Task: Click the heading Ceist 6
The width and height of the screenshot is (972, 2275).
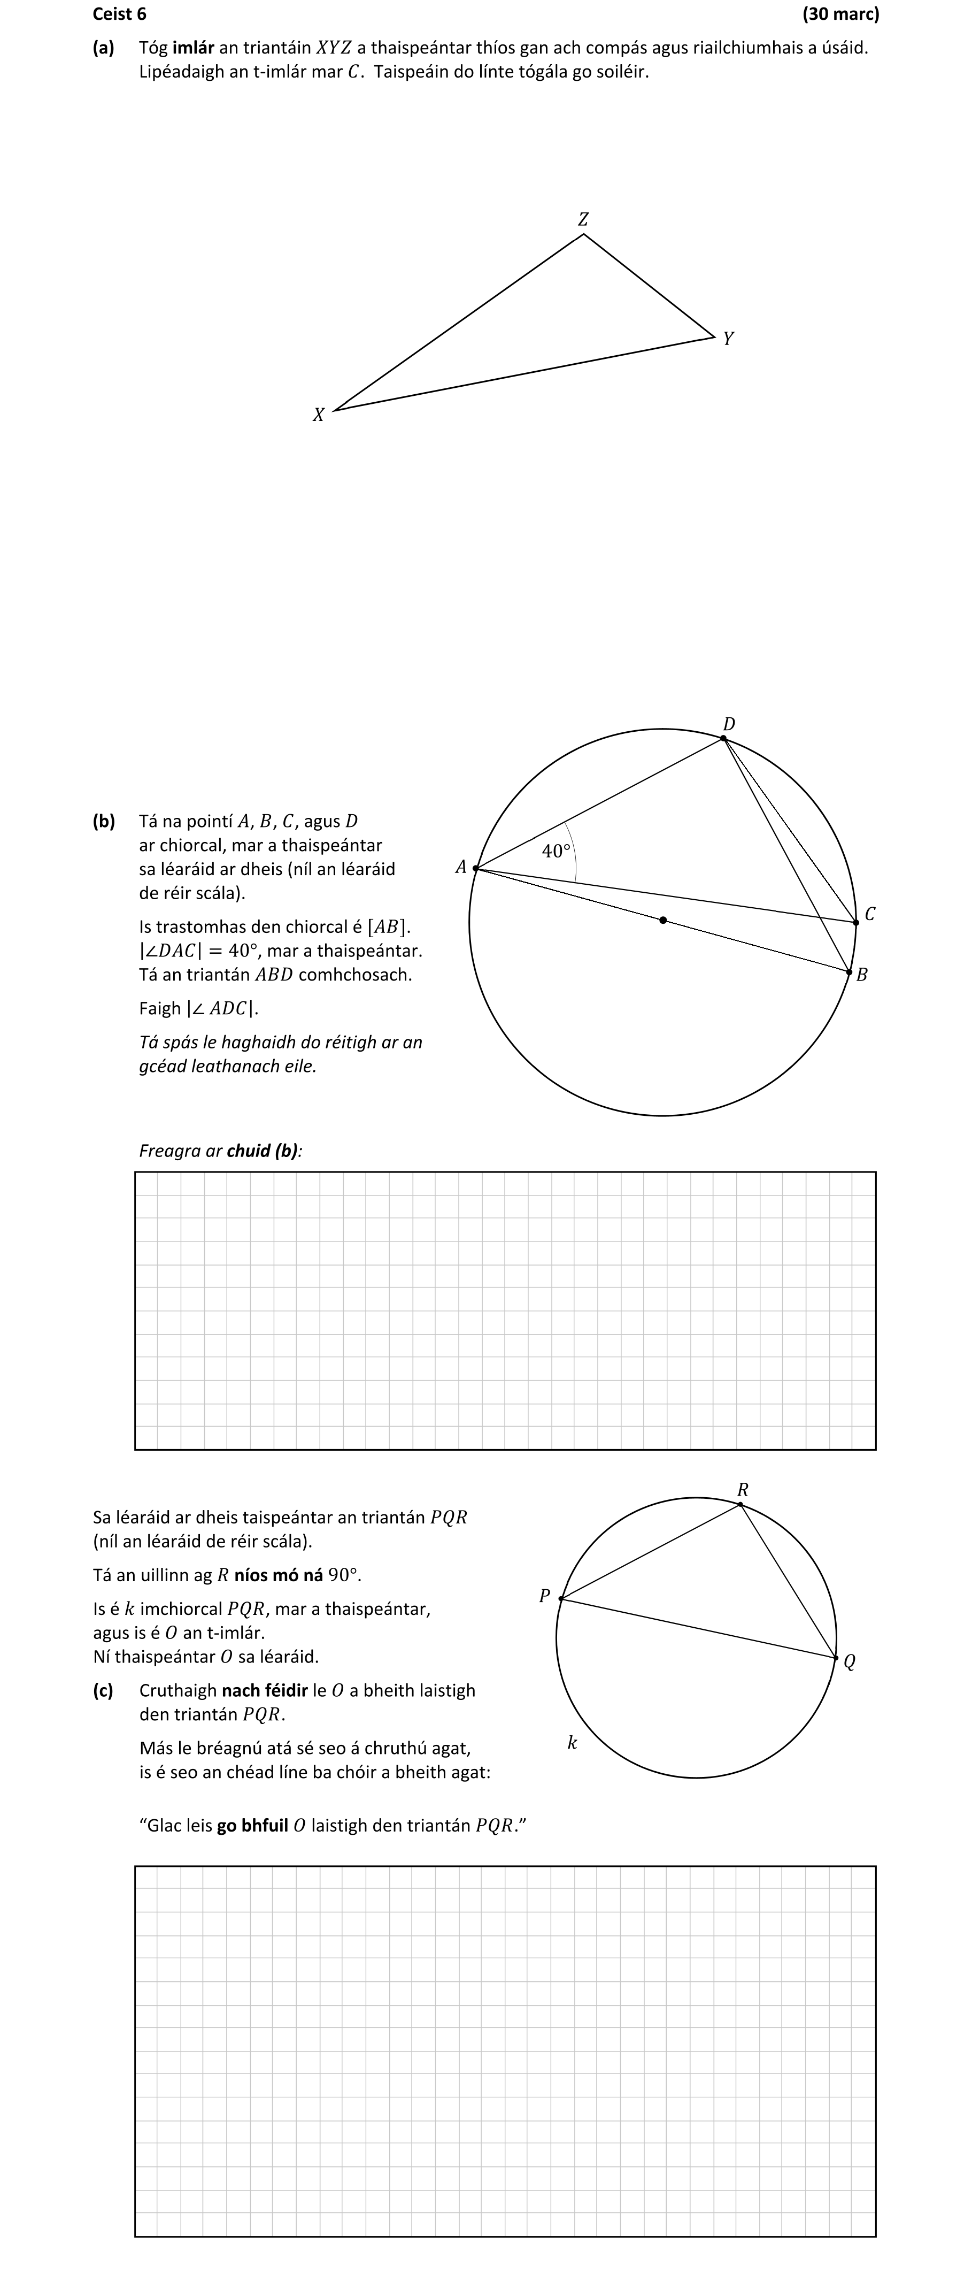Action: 119,14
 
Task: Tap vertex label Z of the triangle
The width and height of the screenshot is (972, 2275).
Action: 583,219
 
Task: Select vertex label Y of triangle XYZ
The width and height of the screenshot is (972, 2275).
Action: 728,338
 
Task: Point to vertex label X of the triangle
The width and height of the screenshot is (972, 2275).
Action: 319,414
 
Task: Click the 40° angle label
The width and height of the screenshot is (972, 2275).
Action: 556,852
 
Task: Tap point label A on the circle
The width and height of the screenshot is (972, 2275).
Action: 460,867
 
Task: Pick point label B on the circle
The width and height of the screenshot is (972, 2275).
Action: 862,975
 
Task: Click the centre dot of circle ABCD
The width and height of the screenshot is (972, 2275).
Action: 663,920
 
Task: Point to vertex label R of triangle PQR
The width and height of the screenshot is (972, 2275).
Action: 743,1491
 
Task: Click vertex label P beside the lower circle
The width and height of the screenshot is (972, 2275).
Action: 545,1596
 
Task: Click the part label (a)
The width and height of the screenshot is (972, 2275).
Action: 103,48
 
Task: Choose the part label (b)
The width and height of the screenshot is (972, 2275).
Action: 103,821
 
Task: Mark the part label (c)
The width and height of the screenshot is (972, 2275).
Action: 103,1690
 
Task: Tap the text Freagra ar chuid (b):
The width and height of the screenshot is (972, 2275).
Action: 221,1151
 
